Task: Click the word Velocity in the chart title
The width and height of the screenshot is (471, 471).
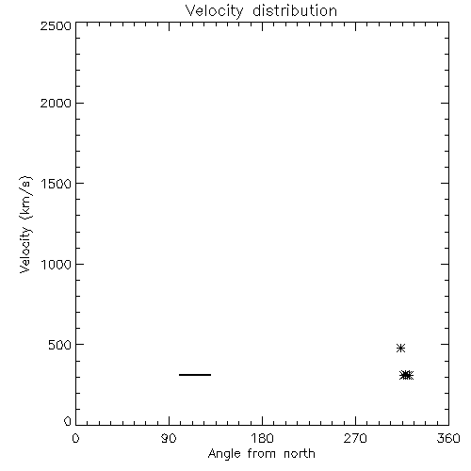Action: (215, 11)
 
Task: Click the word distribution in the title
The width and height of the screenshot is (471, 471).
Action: (295, 10)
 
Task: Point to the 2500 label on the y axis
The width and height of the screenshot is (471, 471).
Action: (56, 25)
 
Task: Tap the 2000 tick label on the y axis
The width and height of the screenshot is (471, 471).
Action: (56, 103)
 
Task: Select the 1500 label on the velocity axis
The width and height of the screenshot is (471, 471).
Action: (57, 184)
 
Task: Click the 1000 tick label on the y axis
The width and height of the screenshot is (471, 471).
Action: (57, 264)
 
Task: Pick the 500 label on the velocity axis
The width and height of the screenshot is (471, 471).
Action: (60, 345)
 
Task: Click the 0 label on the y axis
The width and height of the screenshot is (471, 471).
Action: (68, 421)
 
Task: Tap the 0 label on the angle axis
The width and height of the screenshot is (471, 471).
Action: (75, 438)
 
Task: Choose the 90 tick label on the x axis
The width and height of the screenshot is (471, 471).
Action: (169, 438)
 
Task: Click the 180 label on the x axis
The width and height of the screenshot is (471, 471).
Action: (262, 438)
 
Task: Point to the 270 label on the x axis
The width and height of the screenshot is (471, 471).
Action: (355, 438)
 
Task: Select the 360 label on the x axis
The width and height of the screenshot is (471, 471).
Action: (448, 438)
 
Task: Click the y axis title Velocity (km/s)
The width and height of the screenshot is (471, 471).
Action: (25, 224)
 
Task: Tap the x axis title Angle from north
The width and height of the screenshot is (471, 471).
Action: (262, 454)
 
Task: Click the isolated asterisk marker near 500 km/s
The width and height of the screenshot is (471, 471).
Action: (400, 348)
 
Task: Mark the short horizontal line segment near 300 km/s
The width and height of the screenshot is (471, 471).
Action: (195, 375)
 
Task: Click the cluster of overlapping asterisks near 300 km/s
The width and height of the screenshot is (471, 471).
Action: (407, 375)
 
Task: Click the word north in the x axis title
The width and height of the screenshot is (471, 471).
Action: (300, 454)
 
